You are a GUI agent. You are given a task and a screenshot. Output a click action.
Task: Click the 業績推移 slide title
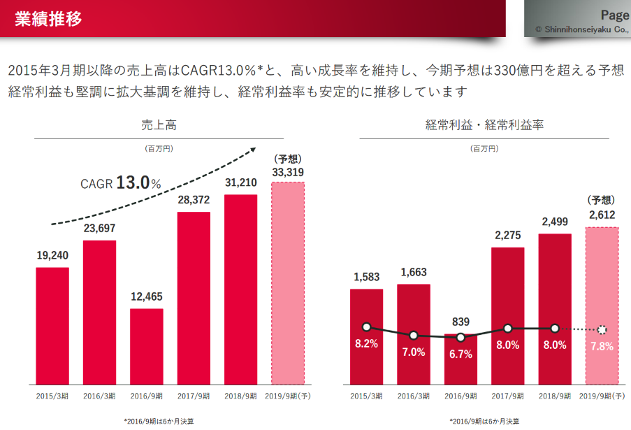(x=48, y=19)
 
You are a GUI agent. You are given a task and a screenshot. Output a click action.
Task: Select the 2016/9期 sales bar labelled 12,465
(x=147, y=346)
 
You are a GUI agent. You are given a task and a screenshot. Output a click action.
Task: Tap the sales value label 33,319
(x=287, y=172)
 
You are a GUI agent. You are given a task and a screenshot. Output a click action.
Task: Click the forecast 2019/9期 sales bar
(x=287, y=283)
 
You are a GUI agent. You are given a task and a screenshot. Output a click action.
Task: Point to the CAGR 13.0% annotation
(x=119, y=183)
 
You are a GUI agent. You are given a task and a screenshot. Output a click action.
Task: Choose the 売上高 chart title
(x=159, y=125)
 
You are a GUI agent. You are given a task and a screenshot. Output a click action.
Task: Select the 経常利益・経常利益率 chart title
(x=484, y=125)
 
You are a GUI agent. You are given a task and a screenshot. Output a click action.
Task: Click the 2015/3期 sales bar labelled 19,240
(x=52, y=326)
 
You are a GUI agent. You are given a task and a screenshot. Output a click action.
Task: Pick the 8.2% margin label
(x=366, y=343)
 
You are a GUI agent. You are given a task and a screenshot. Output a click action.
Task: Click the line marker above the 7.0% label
(x=414, y=336)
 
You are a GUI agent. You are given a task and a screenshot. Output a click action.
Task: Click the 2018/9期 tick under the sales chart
(x=240, y=396)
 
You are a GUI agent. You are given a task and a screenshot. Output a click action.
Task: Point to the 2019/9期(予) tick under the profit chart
(x=602, y=396)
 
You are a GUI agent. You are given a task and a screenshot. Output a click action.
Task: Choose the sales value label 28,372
(x=194, y=200)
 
